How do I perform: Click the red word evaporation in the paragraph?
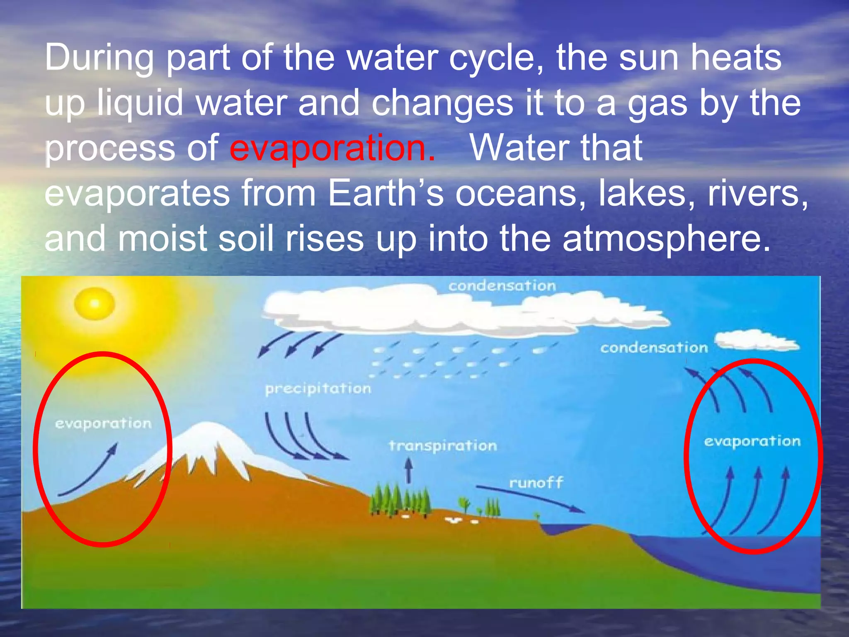coord(332,148)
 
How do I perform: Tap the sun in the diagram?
coord(95,304)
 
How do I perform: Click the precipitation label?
coord(318,389)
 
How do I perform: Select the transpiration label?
coord(443,446)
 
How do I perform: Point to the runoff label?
coord(536,483)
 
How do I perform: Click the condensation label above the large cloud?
coord(502,286)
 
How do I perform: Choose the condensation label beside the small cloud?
coord(654,348)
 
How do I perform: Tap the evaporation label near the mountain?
coord(103,424)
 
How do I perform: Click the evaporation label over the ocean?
coord(752,441)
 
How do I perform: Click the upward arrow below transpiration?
coord(409,470)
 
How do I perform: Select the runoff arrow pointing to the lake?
coord(531,498)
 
